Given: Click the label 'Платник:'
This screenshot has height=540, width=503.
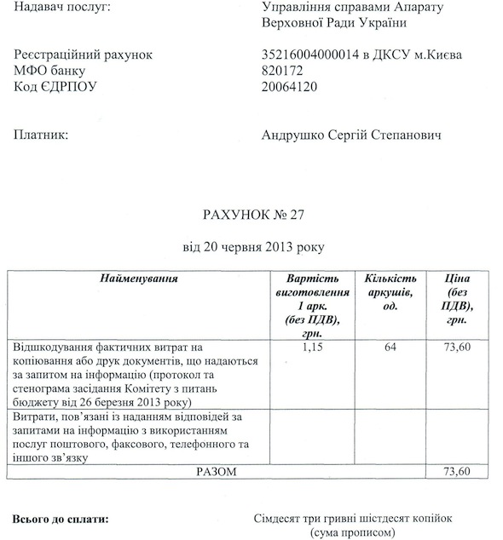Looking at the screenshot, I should pyautogui.click(x=40, y=135).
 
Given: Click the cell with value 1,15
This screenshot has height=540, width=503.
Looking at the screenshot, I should pyautogui.click(x=315, y=347).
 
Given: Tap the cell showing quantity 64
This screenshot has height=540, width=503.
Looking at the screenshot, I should pyautogui.click(x=390, y=347).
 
